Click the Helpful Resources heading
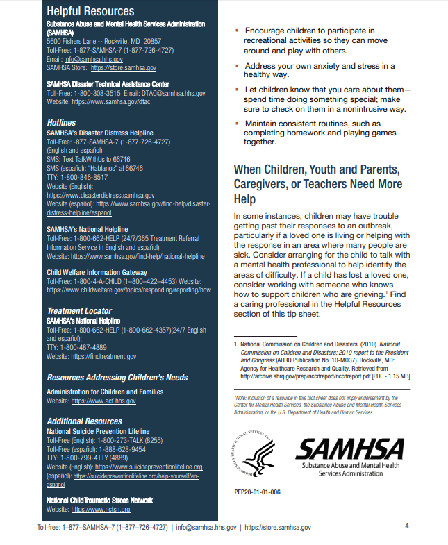pos(90,12)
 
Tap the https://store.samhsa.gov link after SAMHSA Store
pos(122,68)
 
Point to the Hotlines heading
pos(62,123)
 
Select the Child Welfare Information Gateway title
pos(97,272)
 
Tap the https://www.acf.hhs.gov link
pos(103,401)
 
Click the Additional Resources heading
pos(84,421)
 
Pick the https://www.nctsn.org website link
pos(101,510)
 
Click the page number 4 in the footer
pos(406,526)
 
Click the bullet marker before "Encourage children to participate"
pos(238,31)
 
